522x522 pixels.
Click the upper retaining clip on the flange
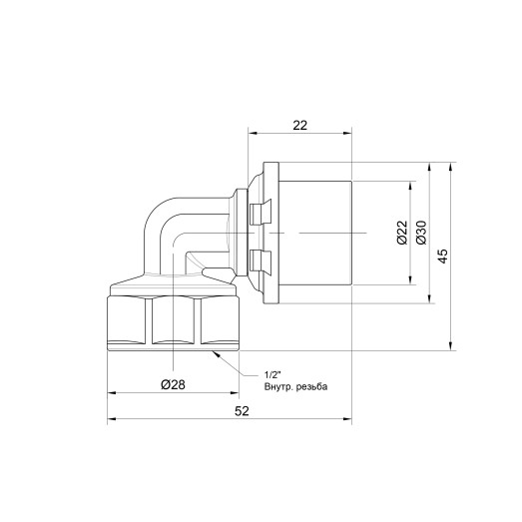point(260,211)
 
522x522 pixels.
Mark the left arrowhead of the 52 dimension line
point(112,420)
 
